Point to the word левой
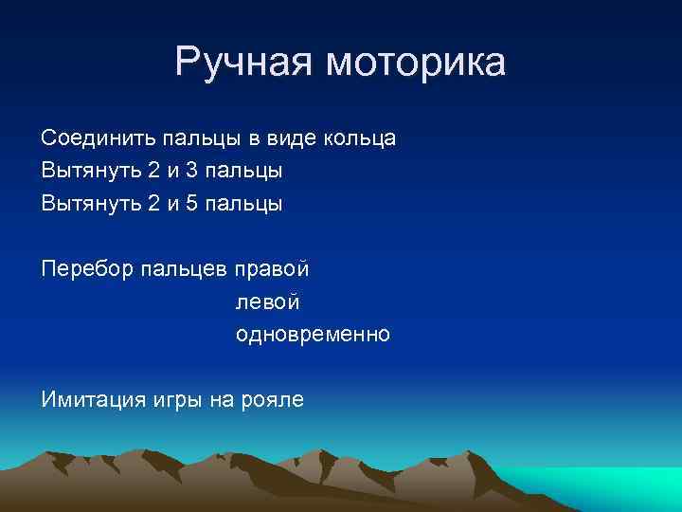268,302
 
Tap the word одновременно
313,335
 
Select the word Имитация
92,399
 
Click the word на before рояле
220,399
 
